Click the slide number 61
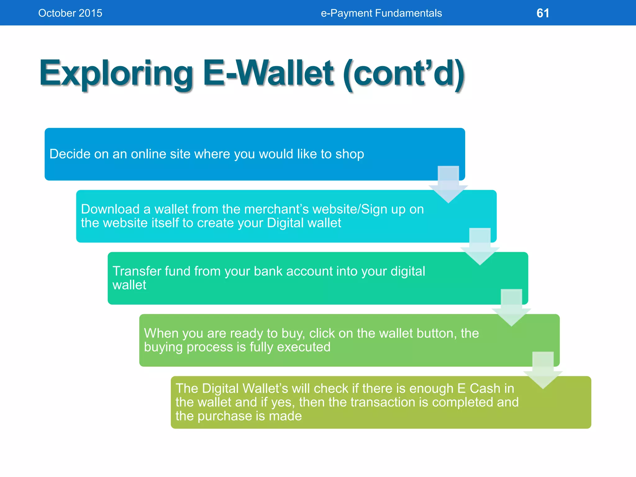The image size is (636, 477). (x=543, y=13)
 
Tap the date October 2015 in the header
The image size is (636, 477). (x=70, y=13)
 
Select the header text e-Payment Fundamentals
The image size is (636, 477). (x=381, y=13)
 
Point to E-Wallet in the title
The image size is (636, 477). (x=268, y=74)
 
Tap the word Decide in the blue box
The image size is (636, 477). (x=68, y=154)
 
